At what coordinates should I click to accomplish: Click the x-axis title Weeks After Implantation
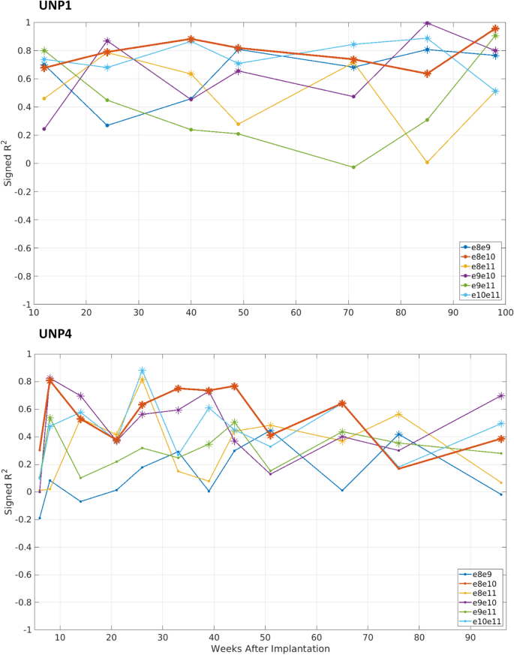tap(271, 648)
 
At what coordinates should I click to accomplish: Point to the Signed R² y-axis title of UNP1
tap(8, 163)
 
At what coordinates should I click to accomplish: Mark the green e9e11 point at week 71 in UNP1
tap(353, 167)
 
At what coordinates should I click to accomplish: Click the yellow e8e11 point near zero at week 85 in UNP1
tap(427, 162)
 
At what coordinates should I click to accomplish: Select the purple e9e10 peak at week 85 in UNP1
tap(427, 23)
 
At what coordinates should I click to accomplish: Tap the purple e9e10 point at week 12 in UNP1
tap(44, 129)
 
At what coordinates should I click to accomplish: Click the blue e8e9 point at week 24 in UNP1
tap(107, 125)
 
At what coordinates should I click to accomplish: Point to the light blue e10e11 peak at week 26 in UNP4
tap(142, 371)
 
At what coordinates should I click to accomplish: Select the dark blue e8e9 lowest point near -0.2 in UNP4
tap(40, 518)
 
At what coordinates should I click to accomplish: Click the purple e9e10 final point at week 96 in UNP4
tap(501, 395)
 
